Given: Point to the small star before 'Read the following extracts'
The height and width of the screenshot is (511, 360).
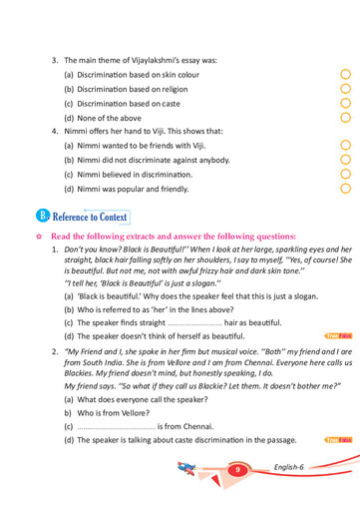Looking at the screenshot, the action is tap(36, 236).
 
